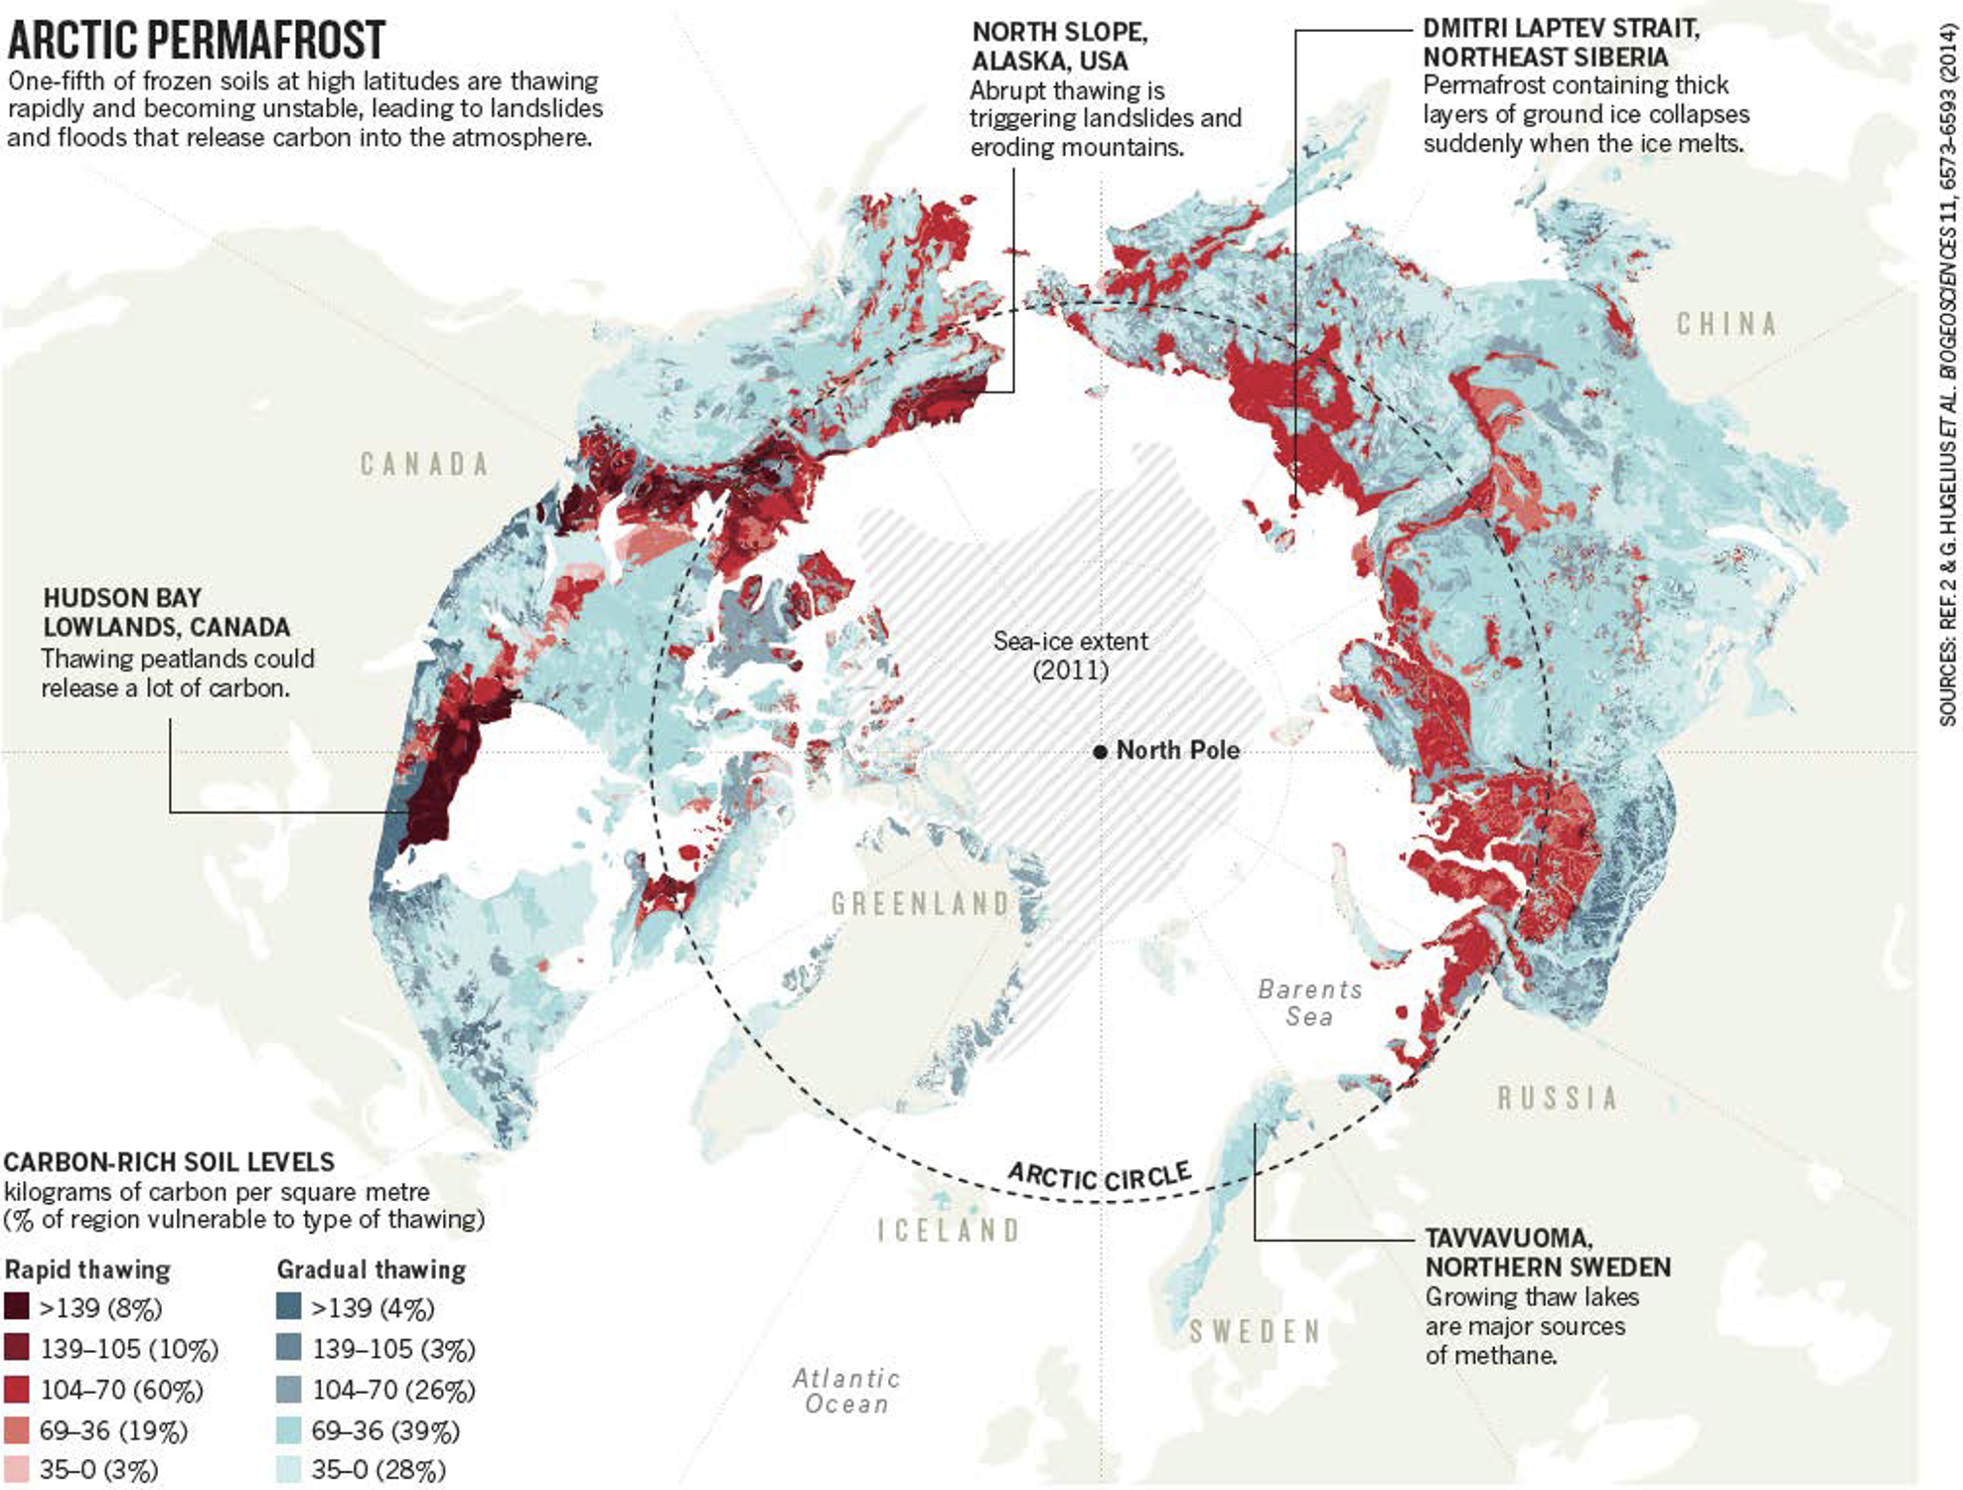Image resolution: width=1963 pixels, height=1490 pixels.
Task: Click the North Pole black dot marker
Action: tap(1100, 752)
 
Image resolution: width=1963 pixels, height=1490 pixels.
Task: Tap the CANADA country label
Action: tap(424, 464)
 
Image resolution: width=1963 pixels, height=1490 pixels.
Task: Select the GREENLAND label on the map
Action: tap(920, 904)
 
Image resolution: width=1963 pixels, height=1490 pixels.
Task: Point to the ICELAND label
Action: tap(949, 1231)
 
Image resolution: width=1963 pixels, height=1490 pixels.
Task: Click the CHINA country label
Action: tap(1727, 324)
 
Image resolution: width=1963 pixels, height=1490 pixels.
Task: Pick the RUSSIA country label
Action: tap(1558, 1098)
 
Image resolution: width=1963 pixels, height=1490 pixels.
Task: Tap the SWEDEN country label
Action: tap(1256, 1331)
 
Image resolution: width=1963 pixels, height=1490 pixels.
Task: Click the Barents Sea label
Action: tap(1309, 1002)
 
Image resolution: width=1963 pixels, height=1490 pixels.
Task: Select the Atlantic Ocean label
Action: tap(846, 1391)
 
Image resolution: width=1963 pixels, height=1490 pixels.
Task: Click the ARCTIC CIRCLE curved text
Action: tap(1100, 1176)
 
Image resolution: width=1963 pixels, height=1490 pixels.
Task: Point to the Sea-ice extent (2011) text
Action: tap(1070, 655)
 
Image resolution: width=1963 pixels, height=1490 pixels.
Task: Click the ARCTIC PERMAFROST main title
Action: tap(196, 40)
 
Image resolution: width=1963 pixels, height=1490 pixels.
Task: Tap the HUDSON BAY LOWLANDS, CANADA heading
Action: tap(166, 612)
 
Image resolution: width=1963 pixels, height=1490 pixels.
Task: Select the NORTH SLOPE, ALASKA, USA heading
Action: tap(1059, 46)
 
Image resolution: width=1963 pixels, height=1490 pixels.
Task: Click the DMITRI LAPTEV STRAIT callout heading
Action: tap(1560, 42)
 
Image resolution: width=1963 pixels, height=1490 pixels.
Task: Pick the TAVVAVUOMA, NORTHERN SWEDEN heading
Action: tap(1547, 1253)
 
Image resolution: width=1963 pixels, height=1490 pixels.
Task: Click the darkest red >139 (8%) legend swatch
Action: tap(17, 1307)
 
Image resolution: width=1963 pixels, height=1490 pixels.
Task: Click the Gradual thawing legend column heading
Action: tap(371, 1269)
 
